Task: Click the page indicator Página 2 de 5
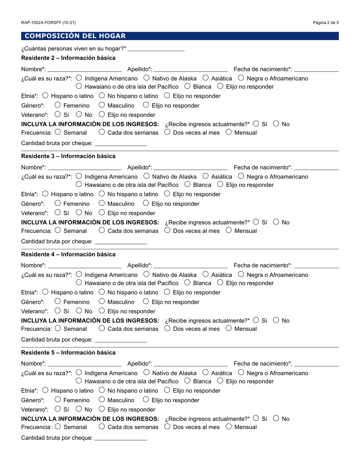click(326, 23)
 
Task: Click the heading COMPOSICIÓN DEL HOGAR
click(75, 36)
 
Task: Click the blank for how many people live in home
click(156, 48)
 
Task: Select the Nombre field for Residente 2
click(85, 69)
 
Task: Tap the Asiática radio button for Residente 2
click(206, 78)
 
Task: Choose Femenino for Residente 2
click(58, 105)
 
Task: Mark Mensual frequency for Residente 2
click(229, 132)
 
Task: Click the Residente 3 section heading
click(68, 156)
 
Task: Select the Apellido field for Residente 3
click(191, 167)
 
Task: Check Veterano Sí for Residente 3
click(58, 213)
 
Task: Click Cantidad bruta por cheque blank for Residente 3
click(121, 241)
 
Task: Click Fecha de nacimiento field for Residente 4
click(316, 265)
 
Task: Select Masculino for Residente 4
click(102, 301)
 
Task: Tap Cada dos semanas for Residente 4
click(102, 328)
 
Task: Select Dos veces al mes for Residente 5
click(167, 427)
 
